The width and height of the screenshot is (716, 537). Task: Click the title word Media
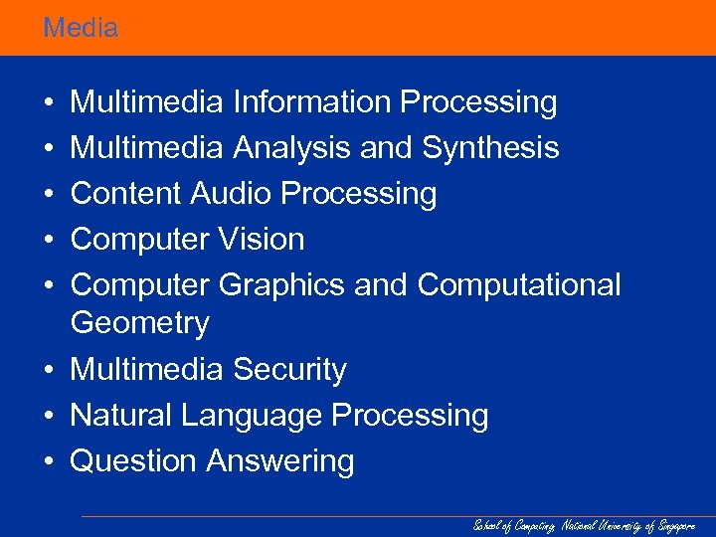(81, 28)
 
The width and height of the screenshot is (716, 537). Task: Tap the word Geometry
(140, 324)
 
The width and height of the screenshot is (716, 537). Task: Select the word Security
(289, 370)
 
